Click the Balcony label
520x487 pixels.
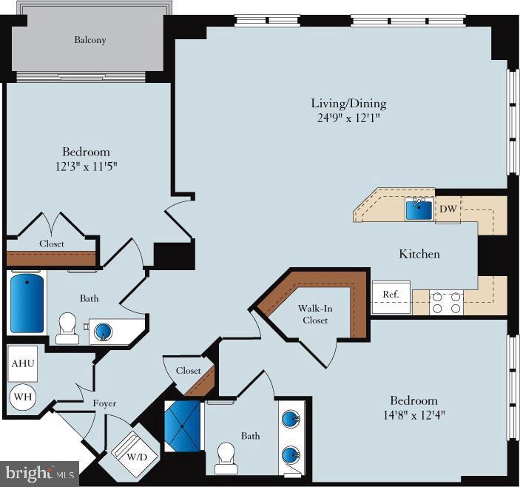pyautogui.click(x=90, y=40)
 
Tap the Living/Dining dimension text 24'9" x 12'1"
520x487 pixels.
pyautogui.click(x=348, y=118)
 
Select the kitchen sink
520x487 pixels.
pyautogui.click(x=419, y=209)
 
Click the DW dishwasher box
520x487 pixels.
pyautogui.click(x=448, y=209)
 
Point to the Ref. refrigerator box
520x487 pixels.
pyautogui.click(x=391, y=295)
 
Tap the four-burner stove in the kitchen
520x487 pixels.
pyautogui.click(x=447, y=303)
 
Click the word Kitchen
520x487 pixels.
pyautogui.click(x=419, y=254)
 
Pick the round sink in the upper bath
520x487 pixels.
pyautogui.click(x=104, y=329)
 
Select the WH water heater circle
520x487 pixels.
pyautogui.click(x=23, y=397)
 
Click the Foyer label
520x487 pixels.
pyautogui.click(x=104, y=403)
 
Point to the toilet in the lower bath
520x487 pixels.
pyautogui.click(x=226, y=458)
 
